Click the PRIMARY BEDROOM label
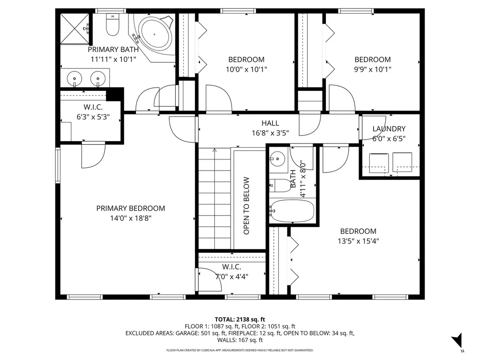[x=130, y=208]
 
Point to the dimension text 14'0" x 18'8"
[x=130, y=218]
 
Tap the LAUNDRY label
[x=389, y=129]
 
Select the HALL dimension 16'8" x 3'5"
[x=270, y=133]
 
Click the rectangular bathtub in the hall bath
[x=292, y=211]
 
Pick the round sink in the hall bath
[x=278, y=159]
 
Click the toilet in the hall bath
[x=280, y=185]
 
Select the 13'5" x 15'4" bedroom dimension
[x=358, y=241]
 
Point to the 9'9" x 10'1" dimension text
[x=372, y=69]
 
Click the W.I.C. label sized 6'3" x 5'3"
[x=93, y=107]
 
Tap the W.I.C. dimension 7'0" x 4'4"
[x=232, y=276]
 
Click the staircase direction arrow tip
[x=215, y=150]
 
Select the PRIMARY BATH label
[x=113, y=49]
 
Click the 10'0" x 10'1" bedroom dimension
[x=246, y=69]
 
